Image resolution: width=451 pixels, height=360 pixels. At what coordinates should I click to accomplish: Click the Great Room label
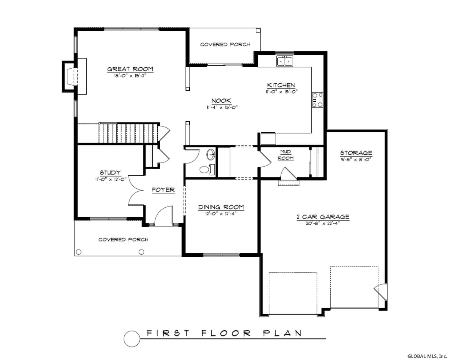coord(130,69)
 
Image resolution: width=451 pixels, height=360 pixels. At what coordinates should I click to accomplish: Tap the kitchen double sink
coord(285,61)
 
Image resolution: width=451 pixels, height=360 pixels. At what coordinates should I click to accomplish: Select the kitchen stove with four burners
coord(317,100)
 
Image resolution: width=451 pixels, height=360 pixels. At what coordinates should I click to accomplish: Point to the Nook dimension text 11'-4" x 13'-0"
coord(222,108)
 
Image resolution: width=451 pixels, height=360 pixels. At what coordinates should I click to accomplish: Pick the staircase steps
coord(128,133)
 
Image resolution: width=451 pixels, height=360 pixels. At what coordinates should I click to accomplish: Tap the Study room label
coord(110,173)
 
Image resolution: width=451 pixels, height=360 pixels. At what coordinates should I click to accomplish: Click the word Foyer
coord(163,190)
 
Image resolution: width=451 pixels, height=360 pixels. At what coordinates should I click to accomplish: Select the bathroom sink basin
coord(211,155)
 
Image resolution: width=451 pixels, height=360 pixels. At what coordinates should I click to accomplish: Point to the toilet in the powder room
coord(207,169)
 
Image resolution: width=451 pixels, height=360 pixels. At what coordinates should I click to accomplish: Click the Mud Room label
coord(286,155)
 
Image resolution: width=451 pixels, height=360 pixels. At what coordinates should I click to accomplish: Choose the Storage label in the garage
coord(356,153)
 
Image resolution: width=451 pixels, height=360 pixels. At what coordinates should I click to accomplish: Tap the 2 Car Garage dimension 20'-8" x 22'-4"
coord(323,223)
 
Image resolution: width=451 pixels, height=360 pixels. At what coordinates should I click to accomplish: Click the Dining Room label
coord(221,207)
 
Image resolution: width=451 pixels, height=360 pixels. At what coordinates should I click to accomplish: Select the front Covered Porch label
coord(123,240)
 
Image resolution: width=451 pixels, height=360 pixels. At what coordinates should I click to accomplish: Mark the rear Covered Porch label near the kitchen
coord(225,44)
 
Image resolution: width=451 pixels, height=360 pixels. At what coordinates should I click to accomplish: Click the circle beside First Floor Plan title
coord(132,339)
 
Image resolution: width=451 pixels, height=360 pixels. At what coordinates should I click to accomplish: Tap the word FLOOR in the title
coord(226,333)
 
